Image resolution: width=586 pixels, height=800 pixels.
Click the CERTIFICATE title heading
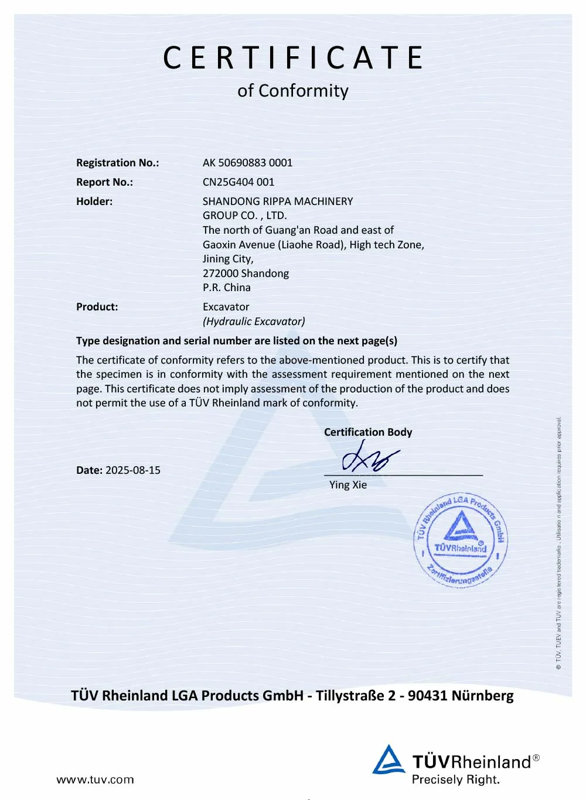(x=293, y=57)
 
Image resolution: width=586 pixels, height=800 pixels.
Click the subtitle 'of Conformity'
(x=293, y=91)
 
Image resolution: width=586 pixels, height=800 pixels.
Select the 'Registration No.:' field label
(x=117, y=163)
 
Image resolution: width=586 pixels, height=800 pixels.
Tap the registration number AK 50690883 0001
(x=247, y=163)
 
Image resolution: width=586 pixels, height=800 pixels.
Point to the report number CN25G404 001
(x=238, y=182)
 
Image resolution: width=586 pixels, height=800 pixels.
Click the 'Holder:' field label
(x=94, y=201)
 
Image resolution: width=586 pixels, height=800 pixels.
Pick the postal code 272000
(x=220, y=273)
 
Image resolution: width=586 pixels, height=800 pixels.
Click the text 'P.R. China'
(x=226, y=288)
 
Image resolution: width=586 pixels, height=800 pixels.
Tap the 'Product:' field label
(x=97, y=307)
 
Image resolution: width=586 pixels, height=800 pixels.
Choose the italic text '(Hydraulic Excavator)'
(x=254, y=322)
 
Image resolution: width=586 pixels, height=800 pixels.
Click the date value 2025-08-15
(x=132, y=470)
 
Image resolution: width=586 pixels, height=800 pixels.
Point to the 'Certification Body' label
(x=368, y=432)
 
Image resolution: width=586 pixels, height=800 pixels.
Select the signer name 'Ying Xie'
(x=348, y=485)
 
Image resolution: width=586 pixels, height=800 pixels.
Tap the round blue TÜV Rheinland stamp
(x=461, y=540)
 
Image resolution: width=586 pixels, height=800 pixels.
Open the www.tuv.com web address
(x=95, y=780)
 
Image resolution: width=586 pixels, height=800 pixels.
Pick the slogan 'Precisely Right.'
(x=455, y=780)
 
